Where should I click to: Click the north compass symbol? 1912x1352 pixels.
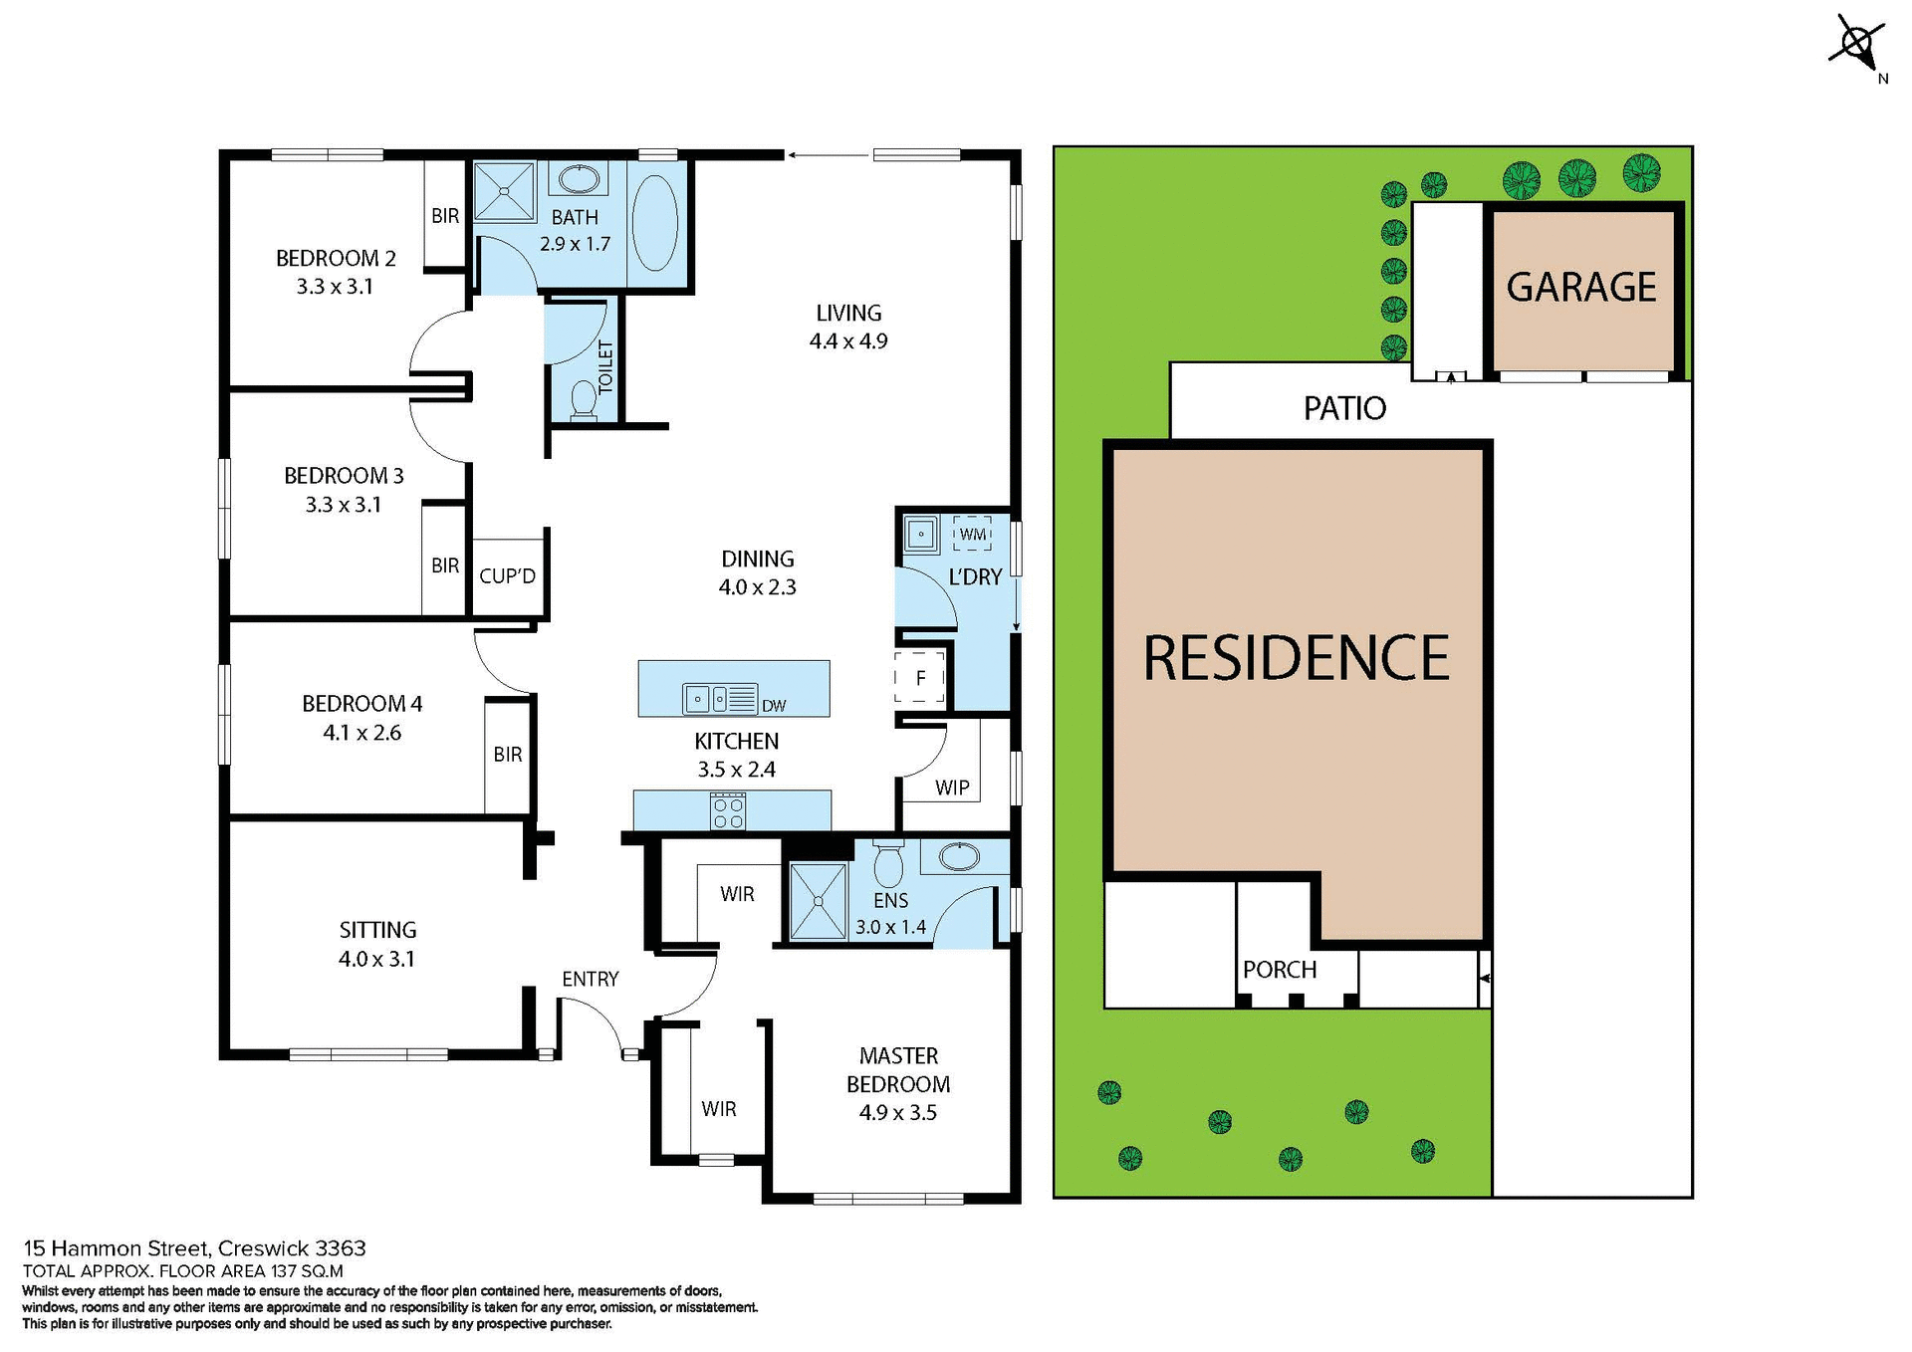coord(1857,45)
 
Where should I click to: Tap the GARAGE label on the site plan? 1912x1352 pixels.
coord(1580,288)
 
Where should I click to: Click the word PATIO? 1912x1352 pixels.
coord(1344,408)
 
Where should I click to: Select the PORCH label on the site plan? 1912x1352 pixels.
coord(1280,969)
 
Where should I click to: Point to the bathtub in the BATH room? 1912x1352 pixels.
coord(654,223)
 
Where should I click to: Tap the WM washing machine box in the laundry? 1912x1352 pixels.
coord(972,534)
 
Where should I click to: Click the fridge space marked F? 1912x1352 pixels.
coord(920,678)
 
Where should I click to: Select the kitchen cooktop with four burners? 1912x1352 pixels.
coord(728,810)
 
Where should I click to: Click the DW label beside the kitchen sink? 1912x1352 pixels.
coord(774,706)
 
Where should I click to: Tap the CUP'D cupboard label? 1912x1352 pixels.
coord(507,576)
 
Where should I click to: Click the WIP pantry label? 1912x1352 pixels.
coord(952,788)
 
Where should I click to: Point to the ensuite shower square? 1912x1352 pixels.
coord(818,900)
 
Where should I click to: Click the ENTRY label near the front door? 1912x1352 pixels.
coord(590,979)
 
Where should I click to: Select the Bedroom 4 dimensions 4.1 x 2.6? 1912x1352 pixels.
coord(361,733)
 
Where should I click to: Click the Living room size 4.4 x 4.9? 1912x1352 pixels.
coord(848,341)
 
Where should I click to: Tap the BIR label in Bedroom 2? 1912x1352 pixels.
coord(445,216)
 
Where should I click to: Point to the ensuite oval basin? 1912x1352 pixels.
coord(959,855)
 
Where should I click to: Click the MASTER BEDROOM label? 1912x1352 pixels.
coord(898,1069)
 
